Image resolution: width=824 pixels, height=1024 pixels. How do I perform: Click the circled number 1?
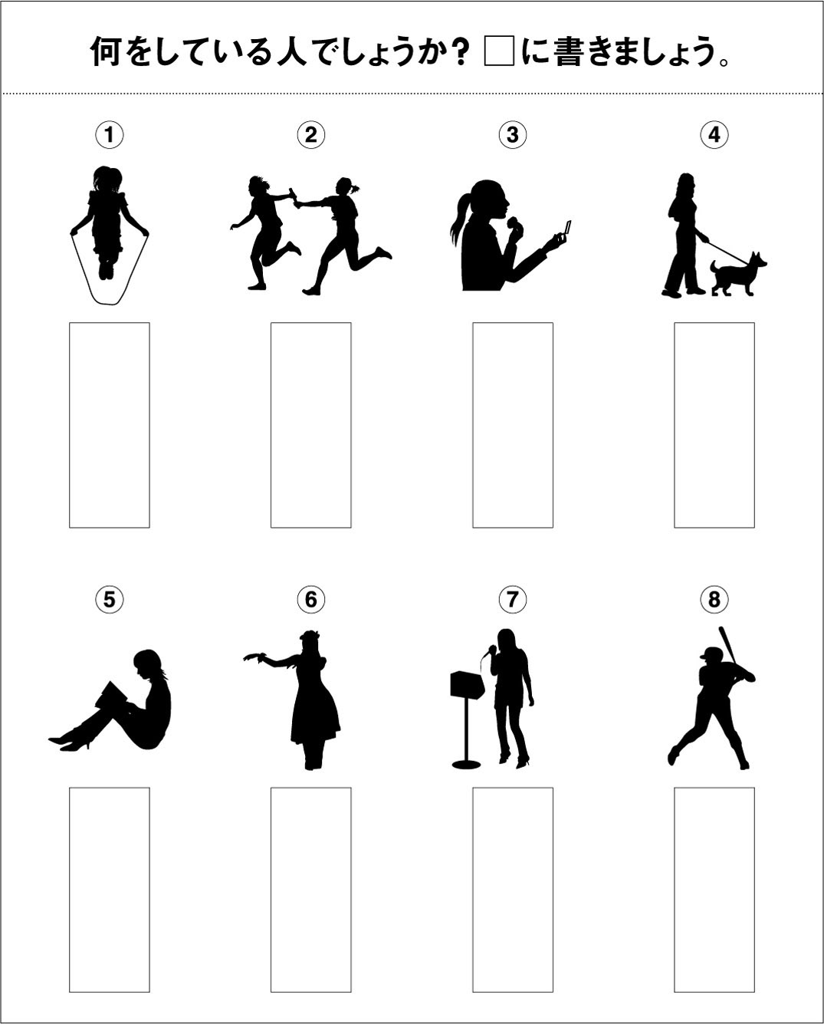coord(110,135)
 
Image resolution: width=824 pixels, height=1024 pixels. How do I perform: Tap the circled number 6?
coord(311,599)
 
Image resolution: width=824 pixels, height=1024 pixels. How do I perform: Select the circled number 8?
coord(714,599)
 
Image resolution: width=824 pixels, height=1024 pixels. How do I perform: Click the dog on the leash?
coord(737,275)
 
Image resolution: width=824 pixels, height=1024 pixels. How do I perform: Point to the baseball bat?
coord(727,645)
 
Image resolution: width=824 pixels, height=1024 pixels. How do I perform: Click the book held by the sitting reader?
coord(111,696)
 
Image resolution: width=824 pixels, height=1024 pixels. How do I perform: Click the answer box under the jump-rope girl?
coord(110,425)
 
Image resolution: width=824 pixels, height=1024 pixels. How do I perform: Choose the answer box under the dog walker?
coord(714,425)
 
